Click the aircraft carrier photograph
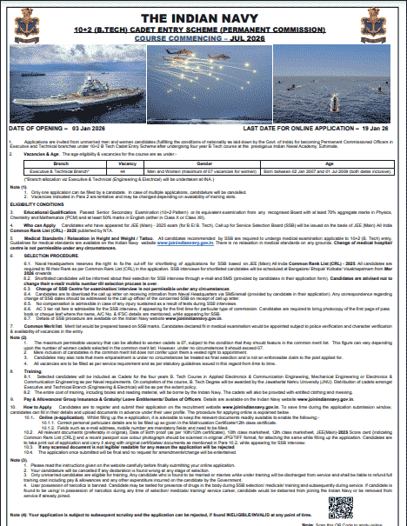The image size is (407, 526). tap(130, 90)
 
